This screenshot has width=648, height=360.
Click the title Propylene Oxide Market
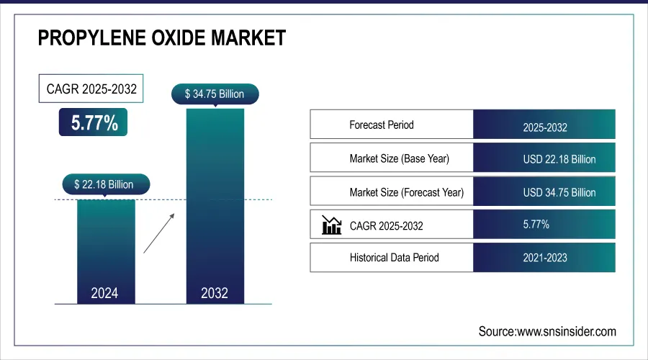[x=162, y=38]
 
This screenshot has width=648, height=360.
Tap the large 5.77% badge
[x=94, y=122]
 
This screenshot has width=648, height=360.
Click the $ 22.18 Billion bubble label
[x=104, y=184]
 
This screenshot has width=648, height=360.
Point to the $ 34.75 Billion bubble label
[x=215, y=94]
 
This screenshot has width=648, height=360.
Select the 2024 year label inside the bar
[x=104, y=293]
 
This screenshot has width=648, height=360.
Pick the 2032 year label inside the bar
[x=215, y=293]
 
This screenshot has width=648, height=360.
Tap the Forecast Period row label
[x=382, y=125]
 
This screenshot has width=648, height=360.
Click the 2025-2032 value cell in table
[x=544, y=127]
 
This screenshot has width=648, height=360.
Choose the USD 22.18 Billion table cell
[x=559, y=159]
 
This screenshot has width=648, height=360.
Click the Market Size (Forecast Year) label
[x=406, y=192]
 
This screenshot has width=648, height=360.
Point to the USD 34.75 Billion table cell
[x=559, y=192]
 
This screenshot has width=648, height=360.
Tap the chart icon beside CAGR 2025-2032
[x=331, y=225]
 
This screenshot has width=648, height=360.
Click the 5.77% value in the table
[x=536, y=225]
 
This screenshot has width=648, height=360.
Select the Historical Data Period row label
[x=394, y=257]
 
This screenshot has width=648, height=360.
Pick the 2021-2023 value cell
[x=545, y=258]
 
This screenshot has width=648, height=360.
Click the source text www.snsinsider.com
[x=547, y=331]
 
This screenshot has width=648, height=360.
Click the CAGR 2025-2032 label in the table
[x=386, y=226]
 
